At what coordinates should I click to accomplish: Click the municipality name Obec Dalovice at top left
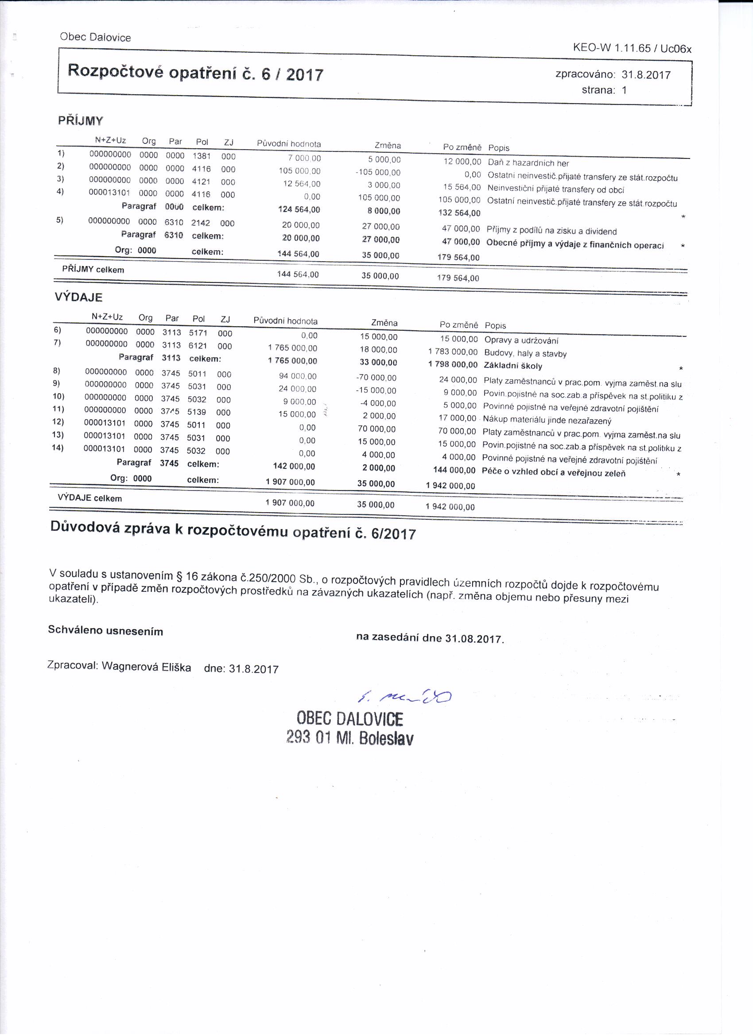[x=95, y=38]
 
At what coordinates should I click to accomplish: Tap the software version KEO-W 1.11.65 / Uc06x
[x=632, y=48]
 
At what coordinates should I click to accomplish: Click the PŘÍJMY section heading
[x=80, y=121]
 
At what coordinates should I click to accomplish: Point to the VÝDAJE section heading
[x=78, y=297]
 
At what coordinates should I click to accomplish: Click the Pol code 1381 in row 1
[x=202, y=156]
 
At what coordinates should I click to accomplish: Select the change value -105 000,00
[x=378, y=173]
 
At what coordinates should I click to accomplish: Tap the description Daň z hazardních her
[x=528, y=163]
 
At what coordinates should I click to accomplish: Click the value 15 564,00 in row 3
[x=462, y=187]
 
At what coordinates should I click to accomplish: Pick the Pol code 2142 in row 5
[x=201, y=223]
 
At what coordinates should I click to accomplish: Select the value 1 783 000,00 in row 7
[x=453, y=352]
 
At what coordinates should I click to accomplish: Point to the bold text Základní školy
[x=513, y=366]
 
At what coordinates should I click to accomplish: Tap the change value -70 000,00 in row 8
[x=376, y=378]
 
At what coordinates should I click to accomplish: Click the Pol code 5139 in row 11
[x=196, y=412]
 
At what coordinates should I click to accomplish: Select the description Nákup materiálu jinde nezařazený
[x=547, y=420]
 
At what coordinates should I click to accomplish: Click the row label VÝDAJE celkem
[x=90, y=498]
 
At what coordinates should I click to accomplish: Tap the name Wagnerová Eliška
[x=146, y=666]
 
